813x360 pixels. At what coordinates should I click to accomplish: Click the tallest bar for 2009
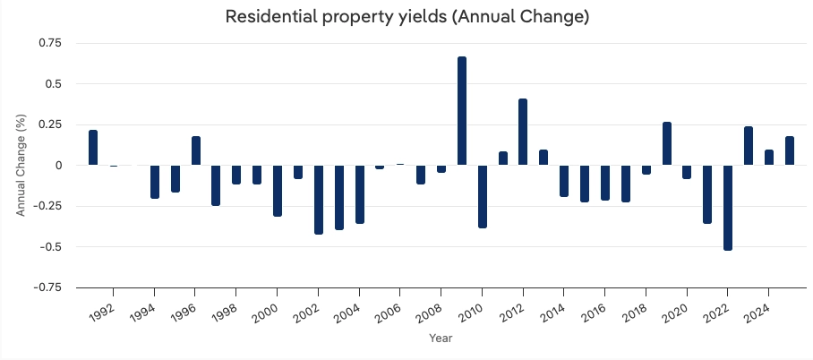pos(462,111)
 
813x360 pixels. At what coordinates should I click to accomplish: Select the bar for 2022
pos(728,208)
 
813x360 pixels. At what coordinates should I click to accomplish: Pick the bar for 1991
pos(93,148)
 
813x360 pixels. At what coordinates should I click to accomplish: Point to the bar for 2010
pos(483,196)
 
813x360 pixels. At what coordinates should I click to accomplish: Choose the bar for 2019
pos(667,144)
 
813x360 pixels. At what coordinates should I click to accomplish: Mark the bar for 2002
pos(319,200)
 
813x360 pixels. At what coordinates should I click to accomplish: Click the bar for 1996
pos(196,151)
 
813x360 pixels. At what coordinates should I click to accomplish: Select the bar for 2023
pos(749,146)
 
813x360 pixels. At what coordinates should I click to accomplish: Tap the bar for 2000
pos(278,191)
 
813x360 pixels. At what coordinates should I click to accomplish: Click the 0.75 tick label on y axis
pos(50,43)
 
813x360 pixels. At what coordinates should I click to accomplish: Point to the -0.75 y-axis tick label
pos(47,287)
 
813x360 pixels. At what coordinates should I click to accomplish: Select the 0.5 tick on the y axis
pos(56,84)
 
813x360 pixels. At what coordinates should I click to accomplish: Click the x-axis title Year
pos(441,339)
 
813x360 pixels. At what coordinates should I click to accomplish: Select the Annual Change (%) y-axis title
pos(21,166)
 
